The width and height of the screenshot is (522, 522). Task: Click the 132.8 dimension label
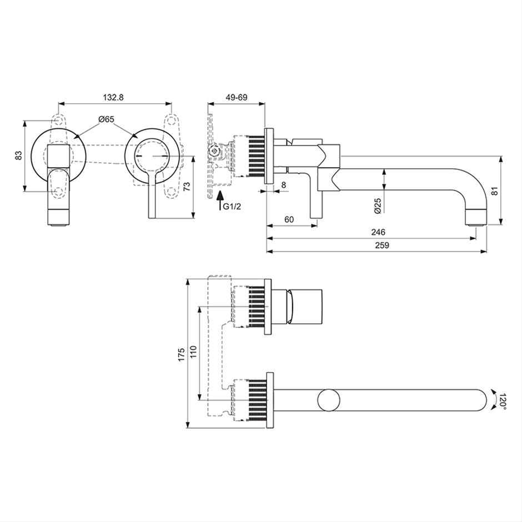click(x=113, y=97)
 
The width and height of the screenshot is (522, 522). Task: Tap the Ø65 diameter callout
click(x=106, y=119)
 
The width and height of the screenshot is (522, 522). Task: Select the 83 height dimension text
click(x=19, y=155)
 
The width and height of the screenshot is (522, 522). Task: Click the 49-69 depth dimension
click(x=237, y=97)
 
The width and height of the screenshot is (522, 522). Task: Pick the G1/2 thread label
click(x=232, y=207)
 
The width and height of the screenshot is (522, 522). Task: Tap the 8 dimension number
click(x=284, y=185)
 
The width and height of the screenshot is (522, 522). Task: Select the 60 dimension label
click(x=289, y=219)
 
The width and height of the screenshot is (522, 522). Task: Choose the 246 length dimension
click(x=378, y=232)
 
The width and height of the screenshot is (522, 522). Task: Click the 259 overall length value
click(x=382, y=245)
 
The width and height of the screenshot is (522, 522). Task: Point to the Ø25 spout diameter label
click(x=378, y=205)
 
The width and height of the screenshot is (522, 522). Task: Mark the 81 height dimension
click(x=495, y=191)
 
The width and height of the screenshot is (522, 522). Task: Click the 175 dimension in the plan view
click(x=181, y=355)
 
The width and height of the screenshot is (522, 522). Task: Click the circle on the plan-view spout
click(x=329, y=400)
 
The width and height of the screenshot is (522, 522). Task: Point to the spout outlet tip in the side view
click(x=476, y=225)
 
